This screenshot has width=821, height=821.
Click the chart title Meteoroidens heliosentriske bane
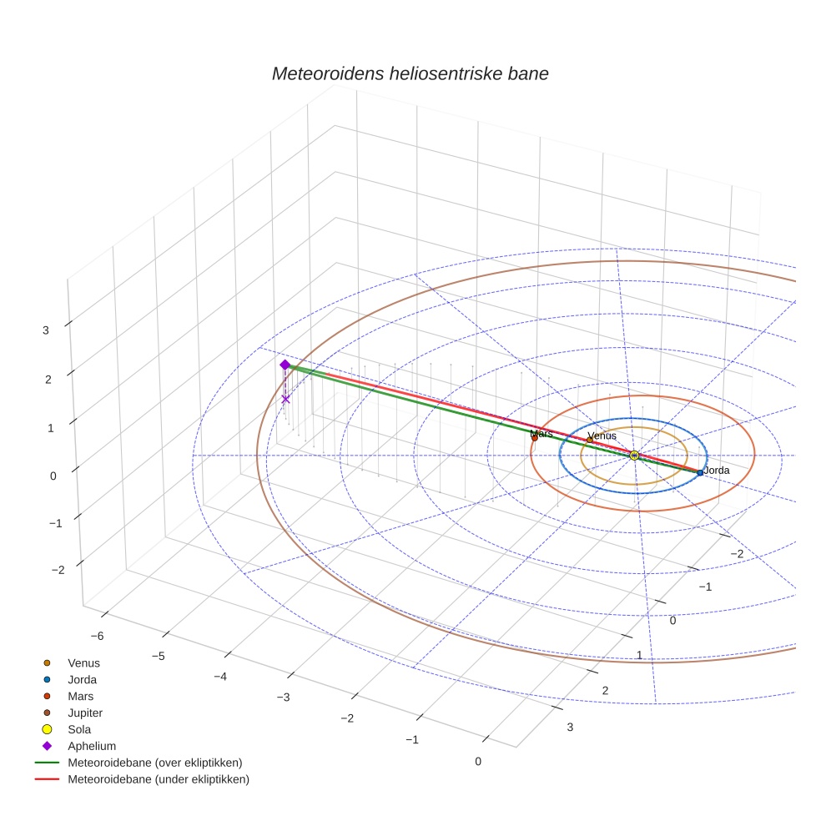410,73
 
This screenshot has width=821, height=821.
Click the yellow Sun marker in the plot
634,455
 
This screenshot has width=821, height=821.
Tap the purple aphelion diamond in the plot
285,365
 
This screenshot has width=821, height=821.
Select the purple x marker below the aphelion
285,399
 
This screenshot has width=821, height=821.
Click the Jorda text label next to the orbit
717,471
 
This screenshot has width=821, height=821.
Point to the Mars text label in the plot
541,434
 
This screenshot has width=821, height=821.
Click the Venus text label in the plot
602,436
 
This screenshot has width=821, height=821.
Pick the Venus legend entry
83,662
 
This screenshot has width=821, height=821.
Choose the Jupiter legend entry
85,713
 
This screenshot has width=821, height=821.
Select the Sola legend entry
81,729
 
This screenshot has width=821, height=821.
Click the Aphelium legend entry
91,746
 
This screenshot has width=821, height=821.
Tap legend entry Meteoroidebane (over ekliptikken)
155,763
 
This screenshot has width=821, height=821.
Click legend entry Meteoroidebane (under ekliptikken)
159,779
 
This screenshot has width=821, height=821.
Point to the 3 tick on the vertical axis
46,330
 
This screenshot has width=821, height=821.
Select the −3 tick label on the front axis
284,697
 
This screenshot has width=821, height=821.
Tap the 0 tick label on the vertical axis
53,476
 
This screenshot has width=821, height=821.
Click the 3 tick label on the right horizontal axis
570,727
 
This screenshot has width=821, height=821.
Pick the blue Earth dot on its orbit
700,472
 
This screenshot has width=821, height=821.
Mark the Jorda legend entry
82,679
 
